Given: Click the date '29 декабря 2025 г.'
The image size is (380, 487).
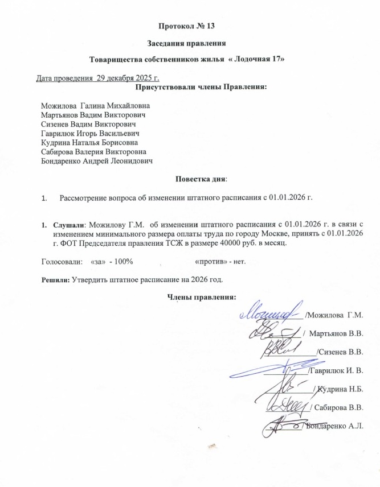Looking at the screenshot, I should point(126,77).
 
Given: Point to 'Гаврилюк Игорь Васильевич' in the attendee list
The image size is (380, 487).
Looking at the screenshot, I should point(91,133).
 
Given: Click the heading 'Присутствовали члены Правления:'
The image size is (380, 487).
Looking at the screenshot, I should point(201,87).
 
